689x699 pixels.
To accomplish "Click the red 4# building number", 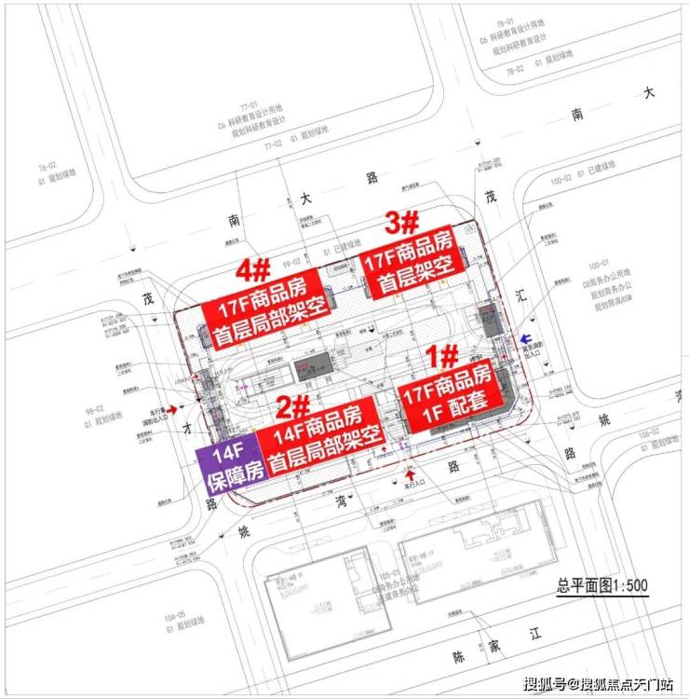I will [x=253, y=270].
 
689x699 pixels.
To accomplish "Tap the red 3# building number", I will [x=403, y=224].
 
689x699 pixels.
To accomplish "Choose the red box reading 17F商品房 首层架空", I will [x=412, y=264].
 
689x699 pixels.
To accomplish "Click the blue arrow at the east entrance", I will [x=527, y=339].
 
